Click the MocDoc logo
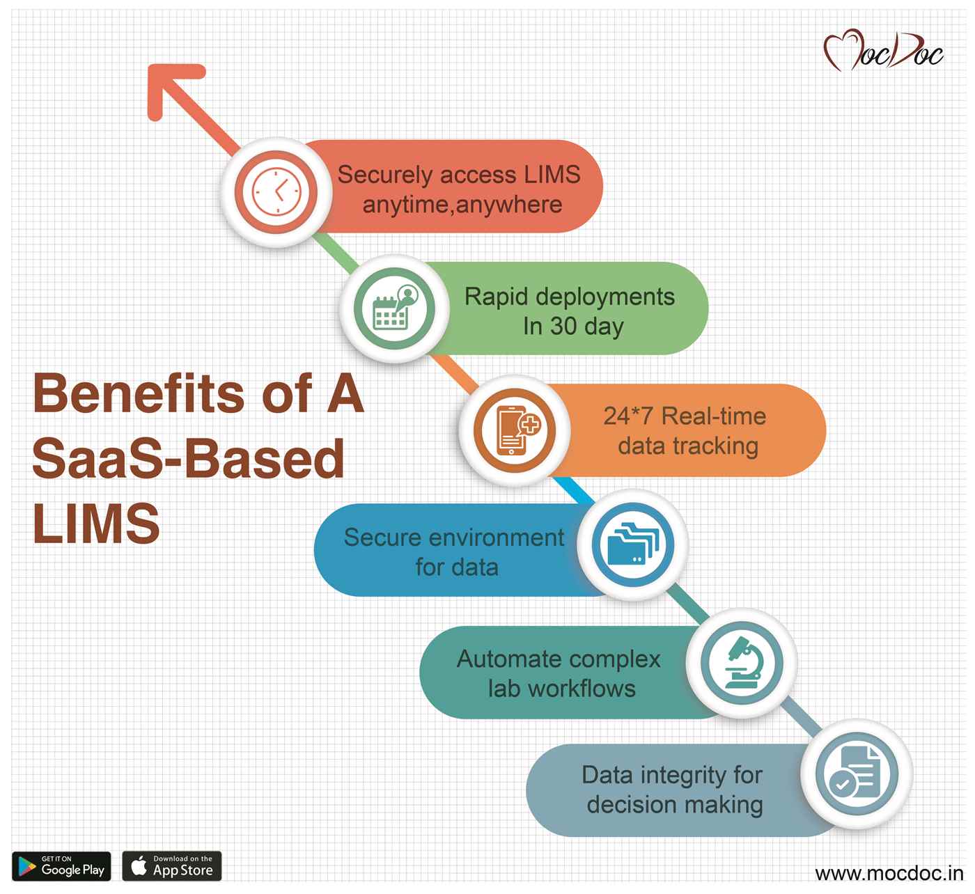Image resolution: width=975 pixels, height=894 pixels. pos(883,51)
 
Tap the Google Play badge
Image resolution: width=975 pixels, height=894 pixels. pos(61,865)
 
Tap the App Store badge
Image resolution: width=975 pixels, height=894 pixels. pos(171,865)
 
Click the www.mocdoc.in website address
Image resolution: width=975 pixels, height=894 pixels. pos(889,872)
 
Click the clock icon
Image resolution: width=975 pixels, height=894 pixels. pos(276,191)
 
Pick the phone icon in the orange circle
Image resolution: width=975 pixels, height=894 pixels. pos(514,430)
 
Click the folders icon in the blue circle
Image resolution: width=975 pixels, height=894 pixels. pos(632,544)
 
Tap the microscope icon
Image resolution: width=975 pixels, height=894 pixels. pos(741,663)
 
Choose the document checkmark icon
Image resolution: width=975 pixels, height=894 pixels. pos(855,774)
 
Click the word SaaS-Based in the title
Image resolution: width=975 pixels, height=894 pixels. pos(188,459)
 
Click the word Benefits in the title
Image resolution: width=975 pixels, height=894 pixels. pos(139,393)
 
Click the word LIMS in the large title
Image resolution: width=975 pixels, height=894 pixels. pos(96,524)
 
